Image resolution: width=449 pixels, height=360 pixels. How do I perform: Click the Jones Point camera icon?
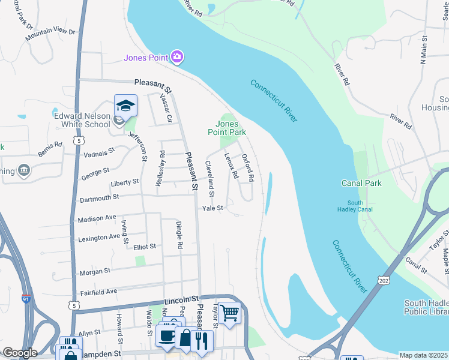tap(177, 57)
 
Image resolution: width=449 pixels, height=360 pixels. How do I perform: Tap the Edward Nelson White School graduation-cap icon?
tap(125, 106)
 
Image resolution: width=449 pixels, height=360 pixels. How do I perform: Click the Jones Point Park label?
tap(227, 128)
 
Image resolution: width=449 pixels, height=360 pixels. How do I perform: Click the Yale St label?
tap(212, 208)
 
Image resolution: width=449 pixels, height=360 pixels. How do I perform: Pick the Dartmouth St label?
tap(99, 196)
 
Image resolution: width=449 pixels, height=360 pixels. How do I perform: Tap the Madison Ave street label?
tap(97, 218)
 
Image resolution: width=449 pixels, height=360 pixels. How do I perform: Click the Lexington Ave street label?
tap(99, 238)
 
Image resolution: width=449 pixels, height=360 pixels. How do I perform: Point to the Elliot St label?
tap(145, 246)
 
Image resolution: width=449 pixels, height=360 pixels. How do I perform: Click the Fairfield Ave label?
tap(99, 292)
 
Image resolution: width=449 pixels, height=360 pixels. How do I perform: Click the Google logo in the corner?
tap(19, 352)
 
